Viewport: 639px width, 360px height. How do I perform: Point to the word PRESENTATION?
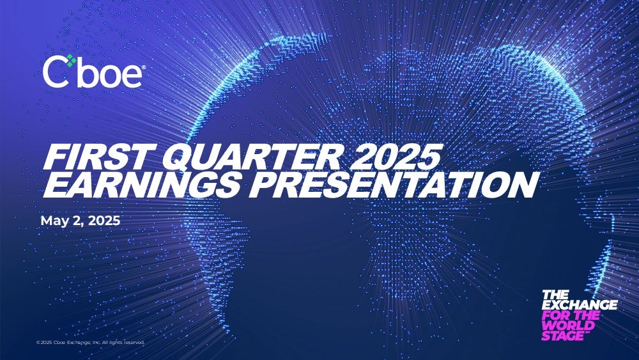pyautogui.click(x=392, y=184)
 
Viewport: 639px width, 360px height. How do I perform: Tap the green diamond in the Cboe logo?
pyautogui.click(x=72, y=60)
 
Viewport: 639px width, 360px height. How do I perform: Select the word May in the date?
pyautogui.click(x=54, y=221)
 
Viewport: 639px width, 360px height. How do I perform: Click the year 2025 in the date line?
pyautogui.click(x=104, y=221)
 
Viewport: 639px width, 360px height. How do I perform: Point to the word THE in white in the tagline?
pyautogui.click(x=555, y=295)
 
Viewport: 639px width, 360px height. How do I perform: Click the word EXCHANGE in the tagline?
pyautogui.click(x=580, y=305)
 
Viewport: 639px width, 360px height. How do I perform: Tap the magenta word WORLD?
pyautogui.click(x=567, y=325)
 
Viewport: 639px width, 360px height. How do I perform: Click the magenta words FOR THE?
pyautogui.click(x=571, y=315)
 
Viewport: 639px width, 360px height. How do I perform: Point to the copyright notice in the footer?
pyautogui.click(x=90, y=343)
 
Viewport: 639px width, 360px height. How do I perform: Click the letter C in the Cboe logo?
pyautogui.click(x=55, y=72)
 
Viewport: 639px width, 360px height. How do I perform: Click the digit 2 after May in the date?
pyautogui.click(x=74, y=221)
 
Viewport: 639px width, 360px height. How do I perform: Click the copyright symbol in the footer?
pyautogui.click(x=38, y=343)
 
